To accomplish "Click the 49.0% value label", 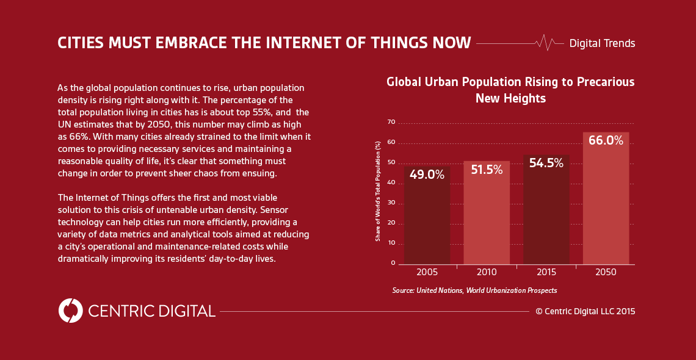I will tap(427, 175).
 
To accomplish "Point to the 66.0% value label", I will tap(606, 140).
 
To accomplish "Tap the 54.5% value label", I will tap(546, 163).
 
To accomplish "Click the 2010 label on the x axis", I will tap(487, 272).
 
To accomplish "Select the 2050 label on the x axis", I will tap(606, 272).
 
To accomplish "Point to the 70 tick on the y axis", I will tap(391, 123).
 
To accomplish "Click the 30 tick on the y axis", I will tap(391, 203).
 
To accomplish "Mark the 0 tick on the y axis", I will tap(393, 263).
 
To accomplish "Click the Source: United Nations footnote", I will tap(474, 290).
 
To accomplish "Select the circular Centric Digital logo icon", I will tap(70, 311).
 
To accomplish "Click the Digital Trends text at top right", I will tap(602, 43).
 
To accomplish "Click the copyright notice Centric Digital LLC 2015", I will tap(585, 311).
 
